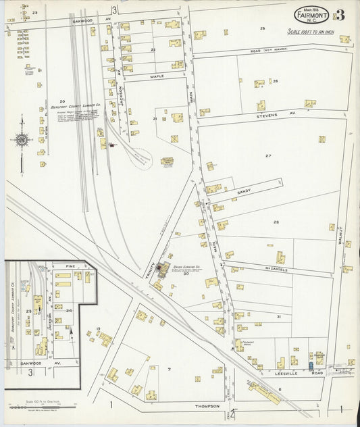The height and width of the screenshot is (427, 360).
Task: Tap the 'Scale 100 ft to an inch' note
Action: (311, 32)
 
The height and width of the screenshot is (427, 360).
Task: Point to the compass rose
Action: (22, 140)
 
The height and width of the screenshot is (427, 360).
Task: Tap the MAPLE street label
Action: (157, 76)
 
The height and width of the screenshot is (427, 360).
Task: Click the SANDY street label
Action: (244, 192)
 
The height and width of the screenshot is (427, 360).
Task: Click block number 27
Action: (268, 156)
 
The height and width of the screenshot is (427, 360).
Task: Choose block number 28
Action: (276, 222)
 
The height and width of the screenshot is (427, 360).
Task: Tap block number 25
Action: (263, 28)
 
